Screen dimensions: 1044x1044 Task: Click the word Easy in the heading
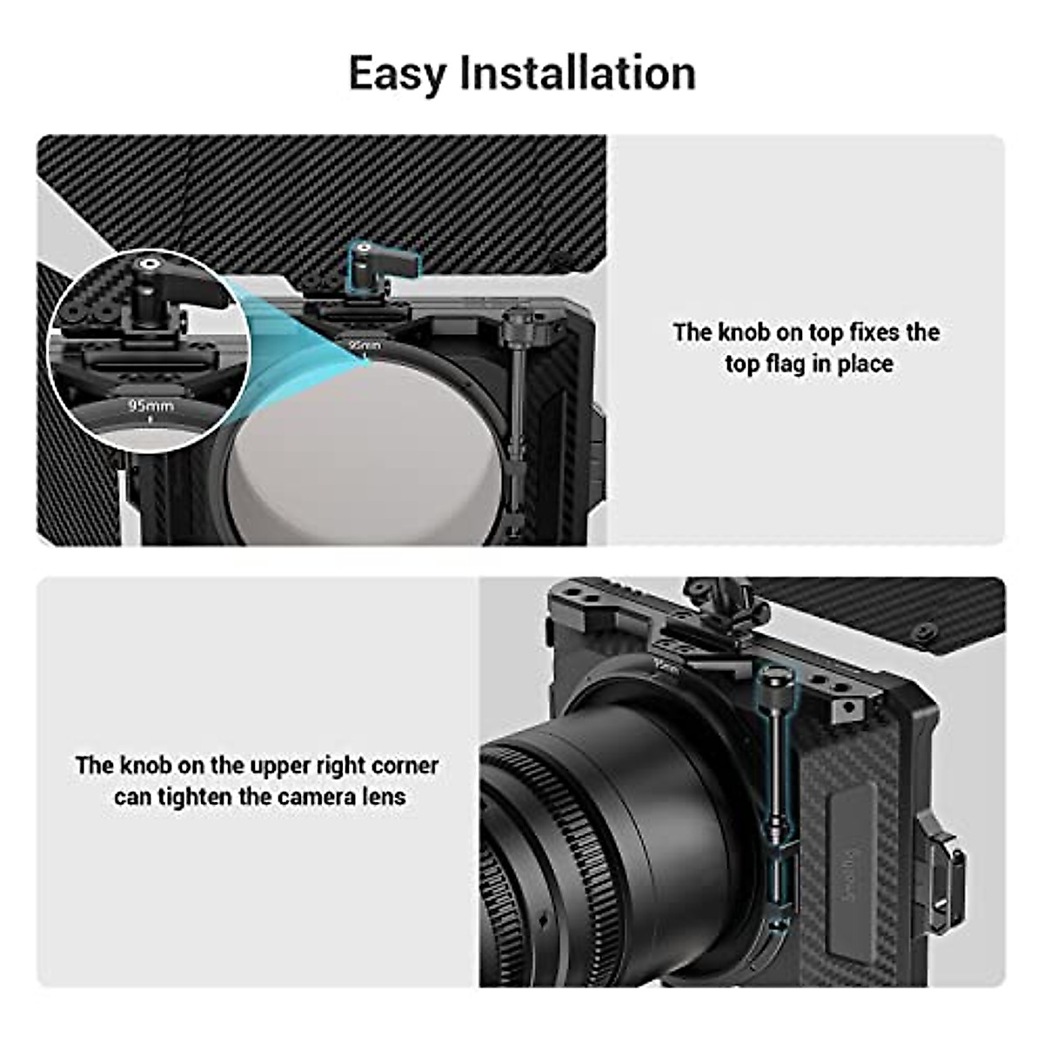click(398, 73)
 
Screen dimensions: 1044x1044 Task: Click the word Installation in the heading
click(577, 73)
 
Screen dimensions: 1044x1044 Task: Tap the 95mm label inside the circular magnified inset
click(151, 405)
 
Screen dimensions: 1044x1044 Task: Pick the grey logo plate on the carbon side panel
click(849, 861)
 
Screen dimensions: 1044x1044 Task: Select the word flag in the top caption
click(784, 364)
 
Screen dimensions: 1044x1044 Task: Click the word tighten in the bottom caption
click(193, 797)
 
